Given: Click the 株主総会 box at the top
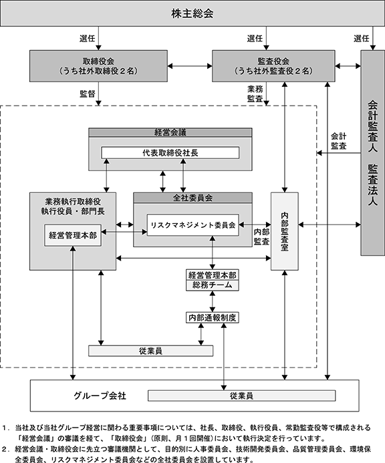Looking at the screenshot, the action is pos(192,13).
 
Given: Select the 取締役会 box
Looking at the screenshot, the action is pos(98,66).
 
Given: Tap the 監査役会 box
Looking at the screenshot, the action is pos(273,66).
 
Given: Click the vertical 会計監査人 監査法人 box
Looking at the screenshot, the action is pos(372,152).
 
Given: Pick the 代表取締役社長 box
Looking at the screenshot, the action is pos(170,152).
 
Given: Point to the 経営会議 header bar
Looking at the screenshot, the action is pos(170,132).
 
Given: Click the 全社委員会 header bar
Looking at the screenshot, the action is pos(192,198).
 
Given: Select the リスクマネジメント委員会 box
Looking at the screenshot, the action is pos(192,225).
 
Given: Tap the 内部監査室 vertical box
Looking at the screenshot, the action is pos(285,231).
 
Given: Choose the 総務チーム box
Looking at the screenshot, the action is pos(212,285).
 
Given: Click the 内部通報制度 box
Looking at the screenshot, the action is pos(212,317).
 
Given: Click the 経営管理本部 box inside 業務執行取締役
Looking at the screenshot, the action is pos(73,235).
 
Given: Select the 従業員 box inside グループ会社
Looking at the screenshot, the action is pos(241,396).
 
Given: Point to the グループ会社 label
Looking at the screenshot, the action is pos(100,396).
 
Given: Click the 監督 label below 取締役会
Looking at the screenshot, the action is pos(87,94).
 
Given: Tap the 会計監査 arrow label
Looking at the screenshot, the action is pos(339,141).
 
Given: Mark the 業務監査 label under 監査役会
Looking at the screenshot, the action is pos(255,94).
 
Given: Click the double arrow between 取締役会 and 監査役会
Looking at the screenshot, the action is pos(190,66).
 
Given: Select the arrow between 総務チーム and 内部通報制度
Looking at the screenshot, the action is pos(212,301).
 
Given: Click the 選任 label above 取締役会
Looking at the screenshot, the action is pos(87,38).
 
